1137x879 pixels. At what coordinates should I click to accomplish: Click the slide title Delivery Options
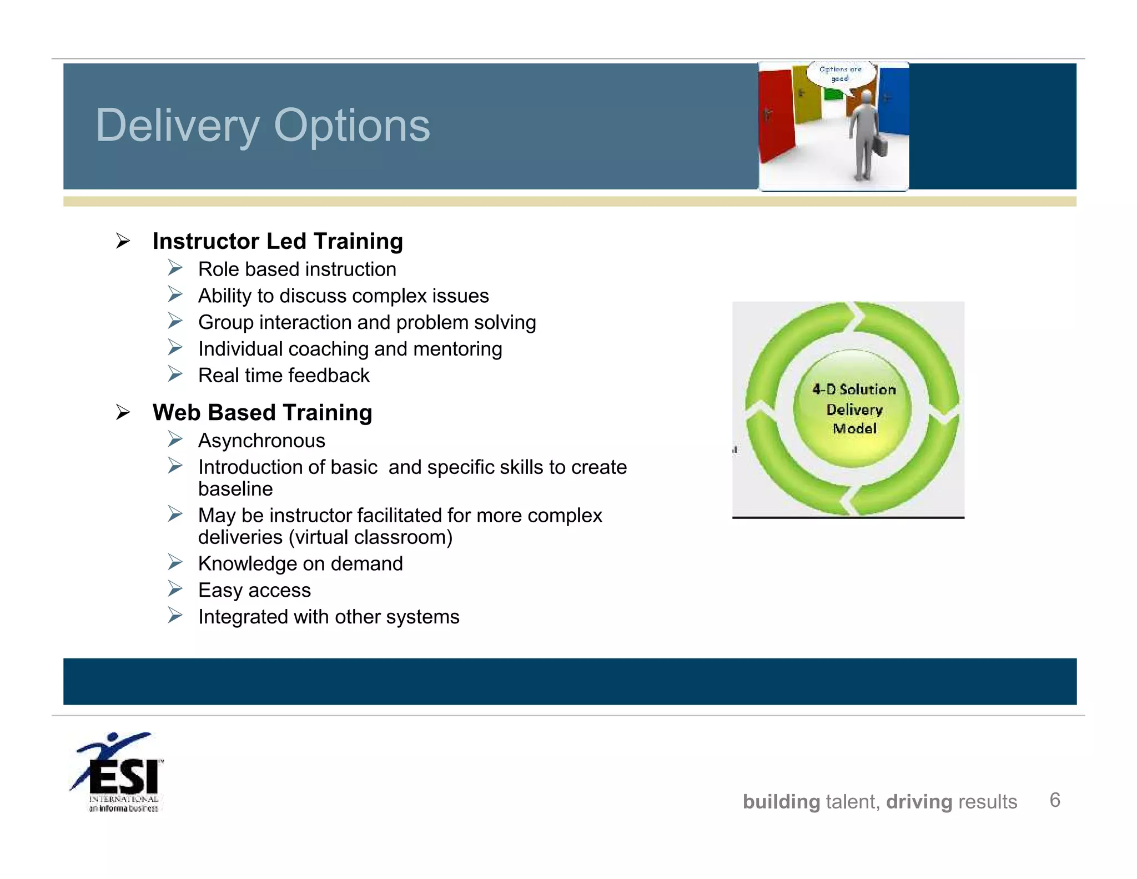(263, 126)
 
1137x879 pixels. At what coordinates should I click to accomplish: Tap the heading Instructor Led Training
(278, 241)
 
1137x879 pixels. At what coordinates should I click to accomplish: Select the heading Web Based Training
(262, 412)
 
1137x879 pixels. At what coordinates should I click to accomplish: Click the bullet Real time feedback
(284, 376)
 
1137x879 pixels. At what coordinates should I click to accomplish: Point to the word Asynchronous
(261, 441)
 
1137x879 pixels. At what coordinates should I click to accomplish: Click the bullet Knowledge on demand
(300, 563)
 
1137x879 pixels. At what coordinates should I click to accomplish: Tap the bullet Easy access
(254, 590)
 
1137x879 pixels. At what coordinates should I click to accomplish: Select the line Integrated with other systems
(329, 617)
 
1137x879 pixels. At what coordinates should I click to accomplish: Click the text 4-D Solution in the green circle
(854, 389)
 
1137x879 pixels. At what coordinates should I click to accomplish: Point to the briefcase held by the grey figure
(879, 146)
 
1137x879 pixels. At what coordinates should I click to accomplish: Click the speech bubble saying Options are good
(841, 74)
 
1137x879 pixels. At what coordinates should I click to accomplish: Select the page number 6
(1055, 800)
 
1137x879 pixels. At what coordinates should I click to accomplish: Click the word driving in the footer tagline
(919, 802)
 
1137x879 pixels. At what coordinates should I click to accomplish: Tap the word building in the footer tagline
(781, 802)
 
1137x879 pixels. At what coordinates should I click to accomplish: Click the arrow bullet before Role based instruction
(175, 268)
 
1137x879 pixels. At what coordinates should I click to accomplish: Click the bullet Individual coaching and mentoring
(350, 349)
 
